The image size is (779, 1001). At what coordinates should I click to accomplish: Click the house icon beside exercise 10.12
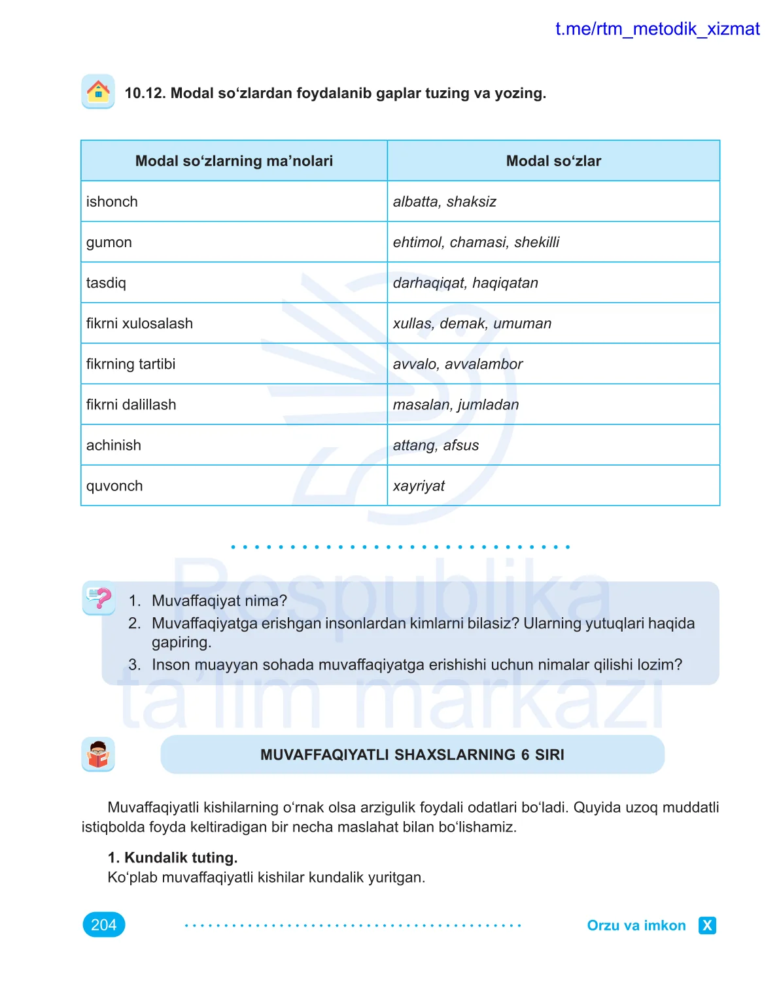(98, 92)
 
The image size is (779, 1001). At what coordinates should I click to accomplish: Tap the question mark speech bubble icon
(99, 598)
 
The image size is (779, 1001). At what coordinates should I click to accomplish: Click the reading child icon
(98, 755)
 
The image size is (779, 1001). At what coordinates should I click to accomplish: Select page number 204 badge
(104, 925)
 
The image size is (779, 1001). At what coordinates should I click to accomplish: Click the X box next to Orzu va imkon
(707, 925)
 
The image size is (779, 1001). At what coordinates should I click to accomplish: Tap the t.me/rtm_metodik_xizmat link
(657, 29)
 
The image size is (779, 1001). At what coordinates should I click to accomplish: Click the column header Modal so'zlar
(553, 161)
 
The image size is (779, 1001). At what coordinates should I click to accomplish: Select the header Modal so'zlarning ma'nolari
(234, 161)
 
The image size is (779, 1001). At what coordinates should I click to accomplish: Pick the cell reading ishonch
(112, 201)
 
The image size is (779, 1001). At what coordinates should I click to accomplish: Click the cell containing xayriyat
(419, 486)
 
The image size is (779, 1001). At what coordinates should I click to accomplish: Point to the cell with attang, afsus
(436, 445)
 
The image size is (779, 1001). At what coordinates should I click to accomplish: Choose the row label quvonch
(114, 486)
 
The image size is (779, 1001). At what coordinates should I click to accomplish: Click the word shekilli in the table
(537, 242)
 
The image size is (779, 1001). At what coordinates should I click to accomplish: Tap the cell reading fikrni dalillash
(131, 405)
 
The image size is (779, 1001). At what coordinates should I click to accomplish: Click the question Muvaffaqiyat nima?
(219, 601)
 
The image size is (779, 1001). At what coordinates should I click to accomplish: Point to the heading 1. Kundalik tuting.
(173, 857)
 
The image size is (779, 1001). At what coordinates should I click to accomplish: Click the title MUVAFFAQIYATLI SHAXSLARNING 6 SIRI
(412, 755)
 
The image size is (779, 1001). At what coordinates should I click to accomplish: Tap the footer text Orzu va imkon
(636, 925)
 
